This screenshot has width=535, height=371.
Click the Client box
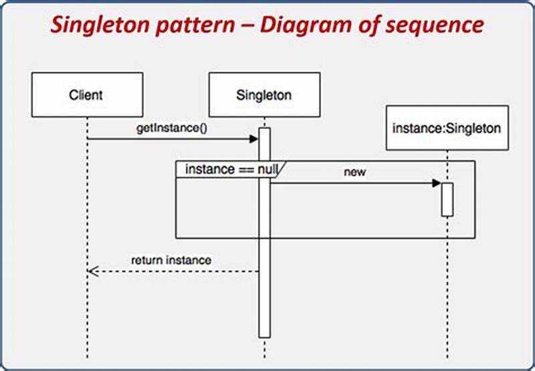tap(86, 95)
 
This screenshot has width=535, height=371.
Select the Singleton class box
tap(264, 95)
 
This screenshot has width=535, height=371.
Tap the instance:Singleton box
tap(447, 128)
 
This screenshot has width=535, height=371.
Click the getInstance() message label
tap(172, 128)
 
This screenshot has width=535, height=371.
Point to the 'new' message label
tap(355, 172)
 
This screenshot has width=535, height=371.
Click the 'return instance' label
tap(171, 260)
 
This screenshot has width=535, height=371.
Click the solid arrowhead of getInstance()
tap(254, 139)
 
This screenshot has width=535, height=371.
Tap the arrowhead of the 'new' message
tap(437, 183)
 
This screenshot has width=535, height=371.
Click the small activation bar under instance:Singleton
tap(447, 199)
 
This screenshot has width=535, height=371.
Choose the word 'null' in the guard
tap(267, 169)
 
